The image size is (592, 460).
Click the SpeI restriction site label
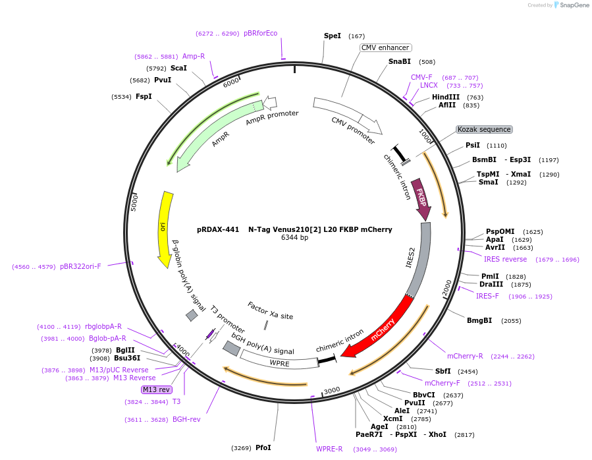tap(332, 36)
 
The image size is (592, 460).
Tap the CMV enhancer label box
tap(386, 47)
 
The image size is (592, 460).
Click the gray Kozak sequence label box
tap(483, 129)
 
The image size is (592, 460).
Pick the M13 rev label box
tap(156, 389)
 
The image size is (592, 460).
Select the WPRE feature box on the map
tap(279, 362)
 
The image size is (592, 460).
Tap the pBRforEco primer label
tap(261, 33)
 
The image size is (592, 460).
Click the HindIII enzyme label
tap(446, 97)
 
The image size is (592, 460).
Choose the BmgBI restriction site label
tap(479, 320)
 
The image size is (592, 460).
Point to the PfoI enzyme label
tap(263, 447)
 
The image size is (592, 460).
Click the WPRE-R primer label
tap(329, 449)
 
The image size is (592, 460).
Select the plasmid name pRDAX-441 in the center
tap(218, 230)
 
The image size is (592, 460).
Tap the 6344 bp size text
tap(294, 238)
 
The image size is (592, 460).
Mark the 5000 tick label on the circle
tap(134, 201)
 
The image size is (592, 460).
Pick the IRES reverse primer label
tap(505, 259)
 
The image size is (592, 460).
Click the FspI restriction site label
tap(144, 96)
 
